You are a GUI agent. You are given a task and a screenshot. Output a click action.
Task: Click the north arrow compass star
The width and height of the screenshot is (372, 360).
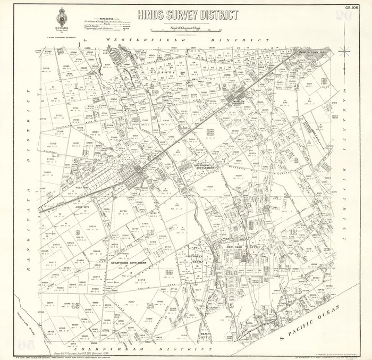tap(344, 51)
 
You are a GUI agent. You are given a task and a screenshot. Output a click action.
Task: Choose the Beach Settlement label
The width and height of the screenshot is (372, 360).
tap(206, 335)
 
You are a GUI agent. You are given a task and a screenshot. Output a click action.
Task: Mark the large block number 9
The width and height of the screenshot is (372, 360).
tap(78, 232)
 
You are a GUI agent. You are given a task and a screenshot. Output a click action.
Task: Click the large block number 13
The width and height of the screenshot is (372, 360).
tap(76, 305)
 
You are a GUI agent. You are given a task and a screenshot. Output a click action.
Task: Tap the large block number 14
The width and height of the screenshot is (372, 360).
tap(151, 305)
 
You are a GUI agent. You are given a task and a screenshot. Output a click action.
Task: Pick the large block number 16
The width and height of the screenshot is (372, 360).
tap(299, 290)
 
